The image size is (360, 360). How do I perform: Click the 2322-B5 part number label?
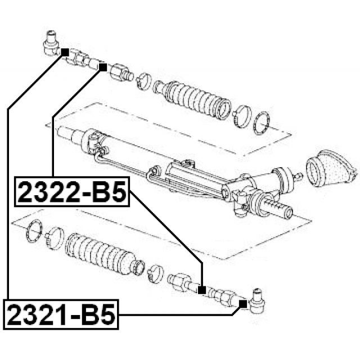click(72, 192)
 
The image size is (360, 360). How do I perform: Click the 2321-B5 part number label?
click(61, 314)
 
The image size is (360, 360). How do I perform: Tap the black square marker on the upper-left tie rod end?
click(65, 52)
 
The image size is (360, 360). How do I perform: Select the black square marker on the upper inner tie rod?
click(103, 67)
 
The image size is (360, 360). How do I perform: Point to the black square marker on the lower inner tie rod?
click(202, 290)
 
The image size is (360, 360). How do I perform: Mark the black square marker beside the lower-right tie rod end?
click(243, 304)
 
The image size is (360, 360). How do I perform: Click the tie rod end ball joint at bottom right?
click(256, 301)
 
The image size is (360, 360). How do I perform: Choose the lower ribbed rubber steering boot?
click(103, 254)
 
